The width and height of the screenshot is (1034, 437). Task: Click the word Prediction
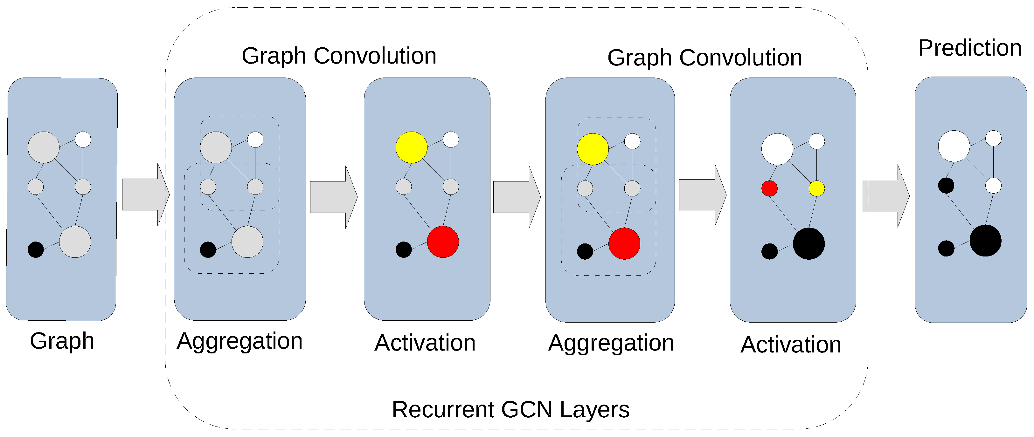pyautogui.click(x=969, y=49)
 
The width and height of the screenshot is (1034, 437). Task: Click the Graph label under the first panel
pyautogui.click(x=62, y=341)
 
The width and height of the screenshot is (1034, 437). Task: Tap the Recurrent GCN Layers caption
pyautogui.click(x=510, y=409)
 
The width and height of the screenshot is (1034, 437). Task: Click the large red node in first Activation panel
pyautogui.click(x=443, y=242)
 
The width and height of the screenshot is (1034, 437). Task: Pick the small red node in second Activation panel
pyautogui.click(x=769, y=188)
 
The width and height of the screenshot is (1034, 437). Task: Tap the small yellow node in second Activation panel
pyautogui.click(x=816, y=188)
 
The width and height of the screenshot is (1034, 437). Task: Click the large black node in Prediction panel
pyautogui.click(x=985, y=241)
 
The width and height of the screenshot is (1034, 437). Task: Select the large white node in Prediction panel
pyautogui.click(x=954, y=146)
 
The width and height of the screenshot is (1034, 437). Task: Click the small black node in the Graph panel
pyautogui.click(x=36, y=250)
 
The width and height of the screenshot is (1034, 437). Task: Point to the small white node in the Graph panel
pyautogui.click(x=83, y=140)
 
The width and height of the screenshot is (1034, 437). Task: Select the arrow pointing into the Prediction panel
pyautogui.click(x=885, y=196)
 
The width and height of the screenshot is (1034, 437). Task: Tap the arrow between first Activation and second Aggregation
pyautogui.click(x=516, y=197)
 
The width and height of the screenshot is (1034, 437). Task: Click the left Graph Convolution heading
pyautogui.click(x=339, y=56)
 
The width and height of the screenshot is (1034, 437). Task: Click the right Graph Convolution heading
pyautogui.click(x=704, y=58)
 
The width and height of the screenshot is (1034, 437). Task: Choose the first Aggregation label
pyautogui.click(x=239, y=341)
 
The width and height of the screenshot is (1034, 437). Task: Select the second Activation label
pyautogui.click(x=790, y=345)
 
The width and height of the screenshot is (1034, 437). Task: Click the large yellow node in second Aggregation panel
pyautogui.click(x=593, y=149)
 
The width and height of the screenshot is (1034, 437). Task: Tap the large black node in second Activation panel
pyautogui.click(x=808, y=243)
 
